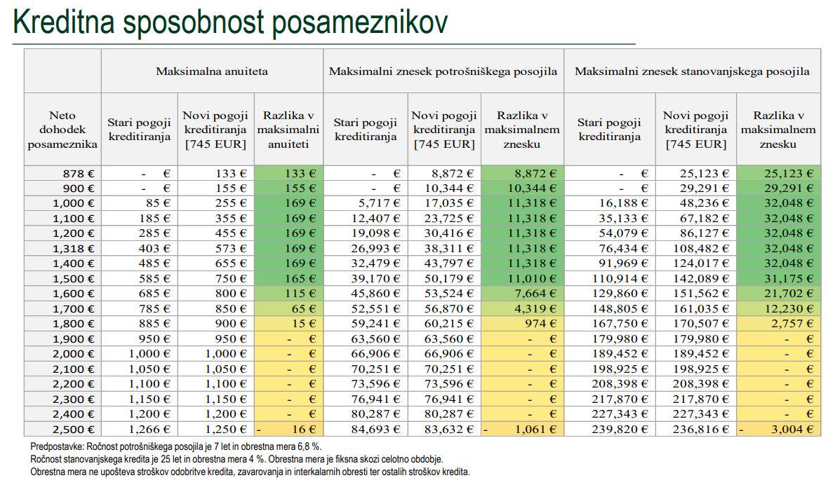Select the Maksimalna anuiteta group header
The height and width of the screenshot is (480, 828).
212,71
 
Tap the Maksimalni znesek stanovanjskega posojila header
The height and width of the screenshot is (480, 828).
692,71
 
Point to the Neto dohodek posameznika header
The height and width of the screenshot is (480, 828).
62,130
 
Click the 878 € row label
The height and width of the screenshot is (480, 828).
78,174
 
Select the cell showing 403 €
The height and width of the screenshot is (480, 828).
154,249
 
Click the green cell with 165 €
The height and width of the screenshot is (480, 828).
288,279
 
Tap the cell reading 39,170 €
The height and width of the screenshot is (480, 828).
375,279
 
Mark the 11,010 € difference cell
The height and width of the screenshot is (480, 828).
522,279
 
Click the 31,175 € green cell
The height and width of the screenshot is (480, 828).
778,279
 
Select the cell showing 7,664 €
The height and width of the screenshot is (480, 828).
522,294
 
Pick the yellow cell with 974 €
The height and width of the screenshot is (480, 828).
522,324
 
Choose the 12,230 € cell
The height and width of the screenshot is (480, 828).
778,309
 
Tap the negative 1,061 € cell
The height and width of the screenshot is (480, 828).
522,430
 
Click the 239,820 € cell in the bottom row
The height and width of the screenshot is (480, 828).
620,430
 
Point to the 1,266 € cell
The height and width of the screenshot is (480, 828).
149,430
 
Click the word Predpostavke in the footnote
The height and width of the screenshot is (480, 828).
57,447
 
